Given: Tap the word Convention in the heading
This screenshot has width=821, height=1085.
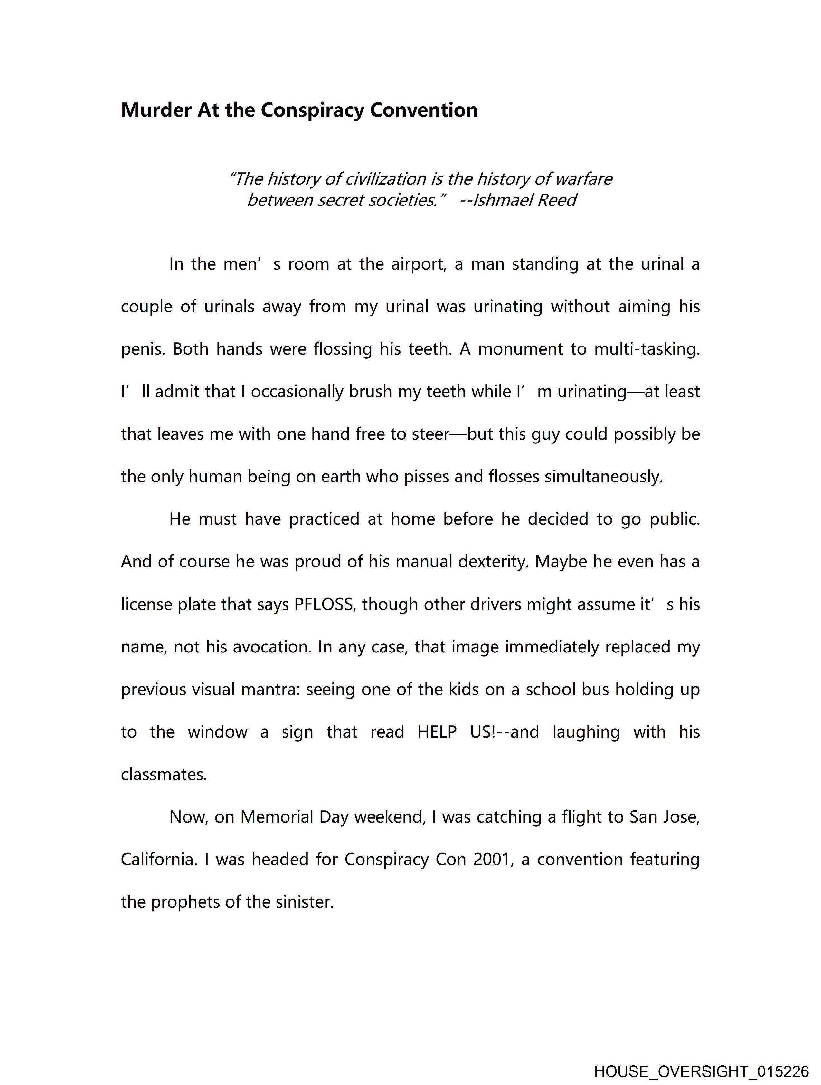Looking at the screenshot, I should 423,110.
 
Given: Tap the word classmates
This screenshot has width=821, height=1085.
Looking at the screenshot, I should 164,775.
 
